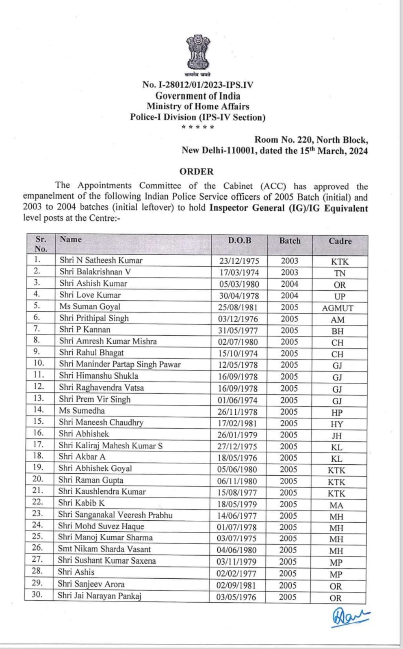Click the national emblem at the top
198,53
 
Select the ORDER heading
197,171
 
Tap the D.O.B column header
239,240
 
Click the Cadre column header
340,241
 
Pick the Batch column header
290,241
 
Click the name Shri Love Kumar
90,295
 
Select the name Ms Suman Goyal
90,306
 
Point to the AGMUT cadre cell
338,308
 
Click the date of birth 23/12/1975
239,261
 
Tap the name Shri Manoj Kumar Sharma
105,537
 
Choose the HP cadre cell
337,413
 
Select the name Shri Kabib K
81,503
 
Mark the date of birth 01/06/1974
238,400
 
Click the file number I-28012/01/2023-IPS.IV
198,84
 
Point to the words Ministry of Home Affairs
198,106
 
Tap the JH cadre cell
337,436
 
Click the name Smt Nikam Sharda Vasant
104,549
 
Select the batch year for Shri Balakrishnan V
289,272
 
